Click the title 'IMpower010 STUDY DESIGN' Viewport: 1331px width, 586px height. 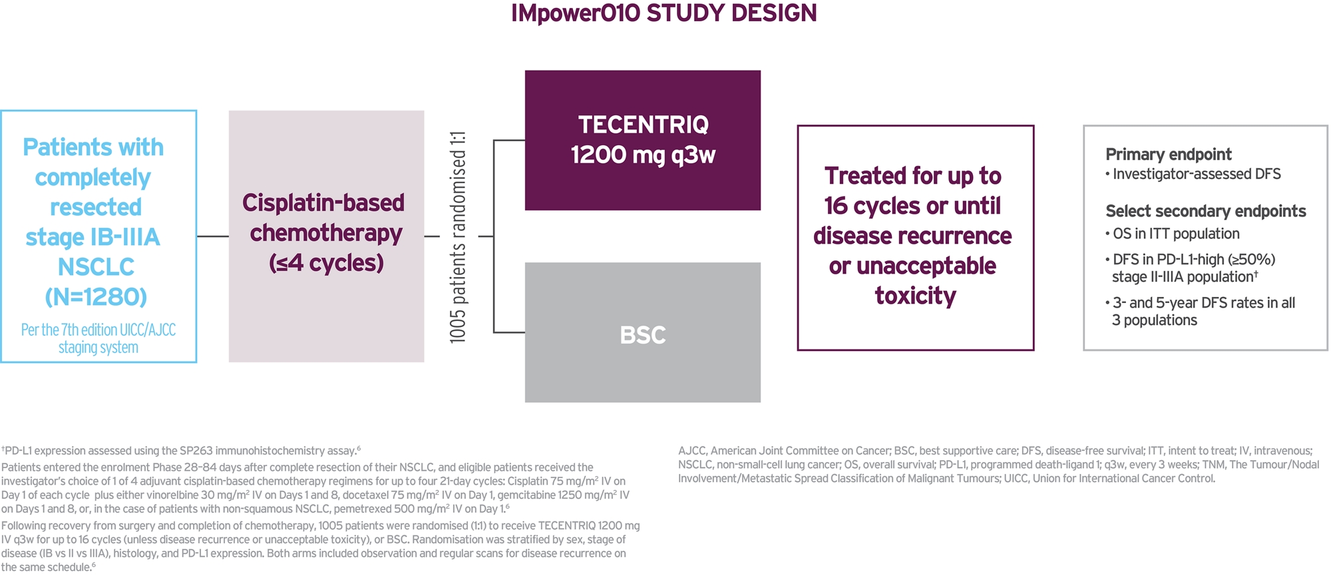pos(664,13)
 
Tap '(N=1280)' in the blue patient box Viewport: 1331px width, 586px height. pos(96,297)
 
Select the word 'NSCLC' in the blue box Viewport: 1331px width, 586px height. pos(96,267)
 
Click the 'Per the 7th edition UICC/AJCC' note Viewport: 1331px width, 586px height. pos(98,330)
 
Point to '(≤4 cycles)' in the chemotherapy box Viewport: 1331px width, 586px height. pos(326,263)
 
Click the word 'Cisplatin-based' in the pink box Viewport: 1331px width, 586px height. pos(323,203)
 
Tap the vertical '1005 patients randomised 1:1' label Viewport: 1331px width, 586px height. pos(458,238)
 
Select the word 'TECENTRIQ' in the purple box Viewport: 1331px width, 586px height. pos(643,125)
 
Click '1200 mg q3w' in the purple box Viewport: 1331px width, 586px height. pos(643,156)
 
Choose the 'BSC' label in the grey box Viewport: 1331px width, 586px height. pos(642,335)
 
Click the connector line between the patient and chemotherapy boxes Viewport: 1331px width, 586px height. pos(212,236)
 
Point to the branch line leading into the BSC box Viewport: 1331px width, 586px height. pos(509,332)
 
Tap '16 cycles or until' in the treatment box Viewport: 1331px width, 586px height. pos(912,206)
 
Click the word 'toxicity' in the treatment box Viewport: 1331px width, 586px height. pos(915,296)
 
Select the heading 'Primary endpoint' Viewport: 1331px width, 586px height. pos(1168,154)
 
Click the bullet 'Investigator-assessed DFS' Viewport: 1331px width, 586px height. pos(1196,174)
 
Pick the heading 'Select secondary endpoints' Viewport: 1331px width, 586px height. pos(1205,211)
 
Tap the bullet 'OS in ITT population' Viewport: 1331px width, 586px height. pos(1175,234)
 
